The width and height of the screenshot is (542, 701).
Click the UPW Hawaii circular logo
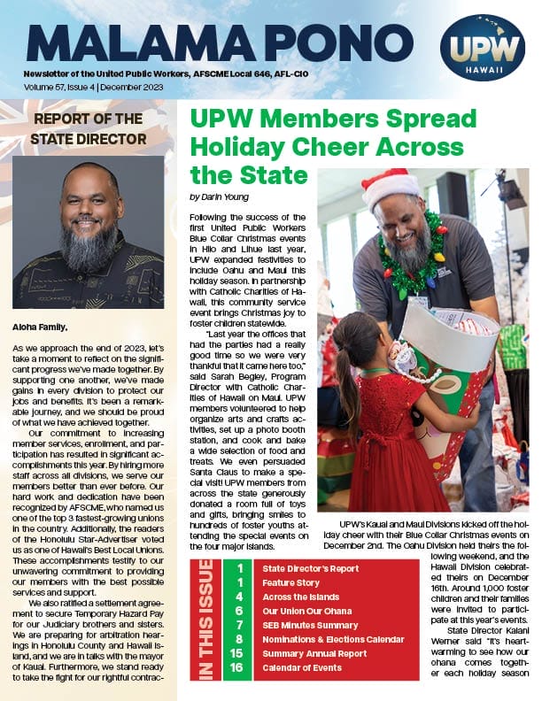pos(483,47)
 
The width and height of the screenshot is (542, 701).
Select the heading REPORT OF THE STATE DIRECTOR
pos(88,128)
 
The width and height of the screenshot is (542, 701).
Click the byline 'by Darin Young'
pos(220,196)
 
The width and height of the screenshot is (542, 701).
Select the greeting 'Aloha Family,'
pos(38,327)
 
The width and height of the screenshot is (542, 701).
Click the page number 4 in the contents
pos(239,612)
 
